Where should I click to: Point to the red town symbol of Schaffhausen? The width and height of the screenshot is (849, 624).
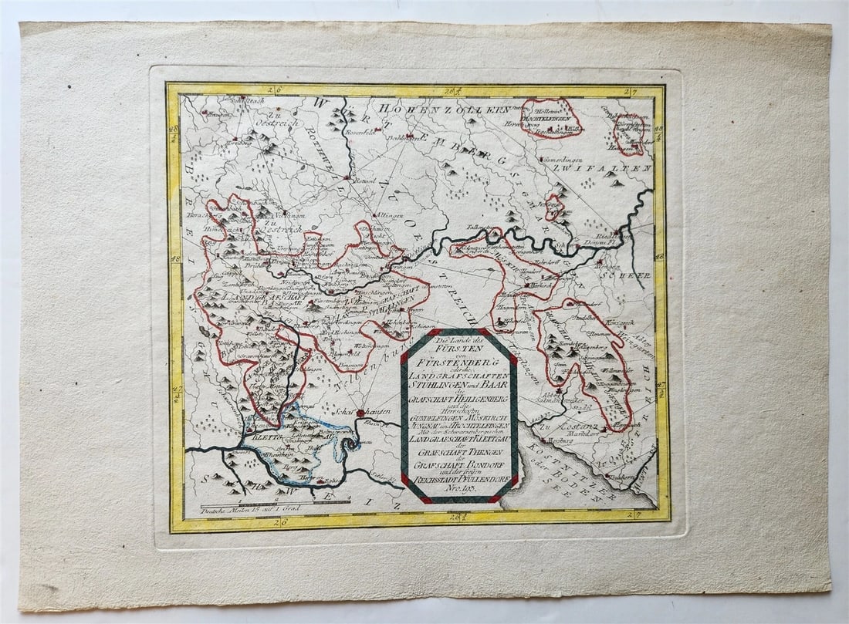click(360, 413)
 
